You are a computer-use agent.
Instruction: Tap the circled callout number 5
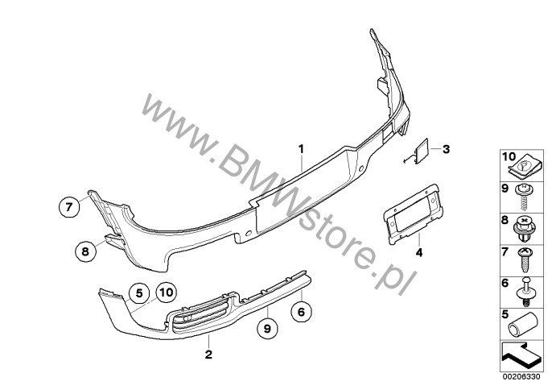coord(138,292)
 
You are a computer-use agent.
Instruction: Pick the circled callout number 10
coord(166,292)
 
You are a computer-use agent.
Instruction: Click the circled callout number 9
coord(267,327)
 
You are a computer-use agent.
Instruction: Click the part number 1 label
coord(302,148)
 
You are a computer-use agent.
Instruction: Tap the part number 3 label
coord(447,148)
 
